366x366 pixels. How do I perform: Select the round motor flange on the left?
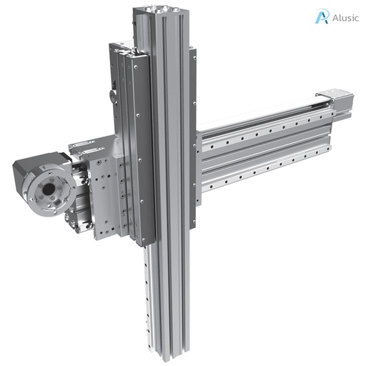43,191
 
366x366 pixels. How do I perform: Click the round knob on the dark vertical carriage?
112,94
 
